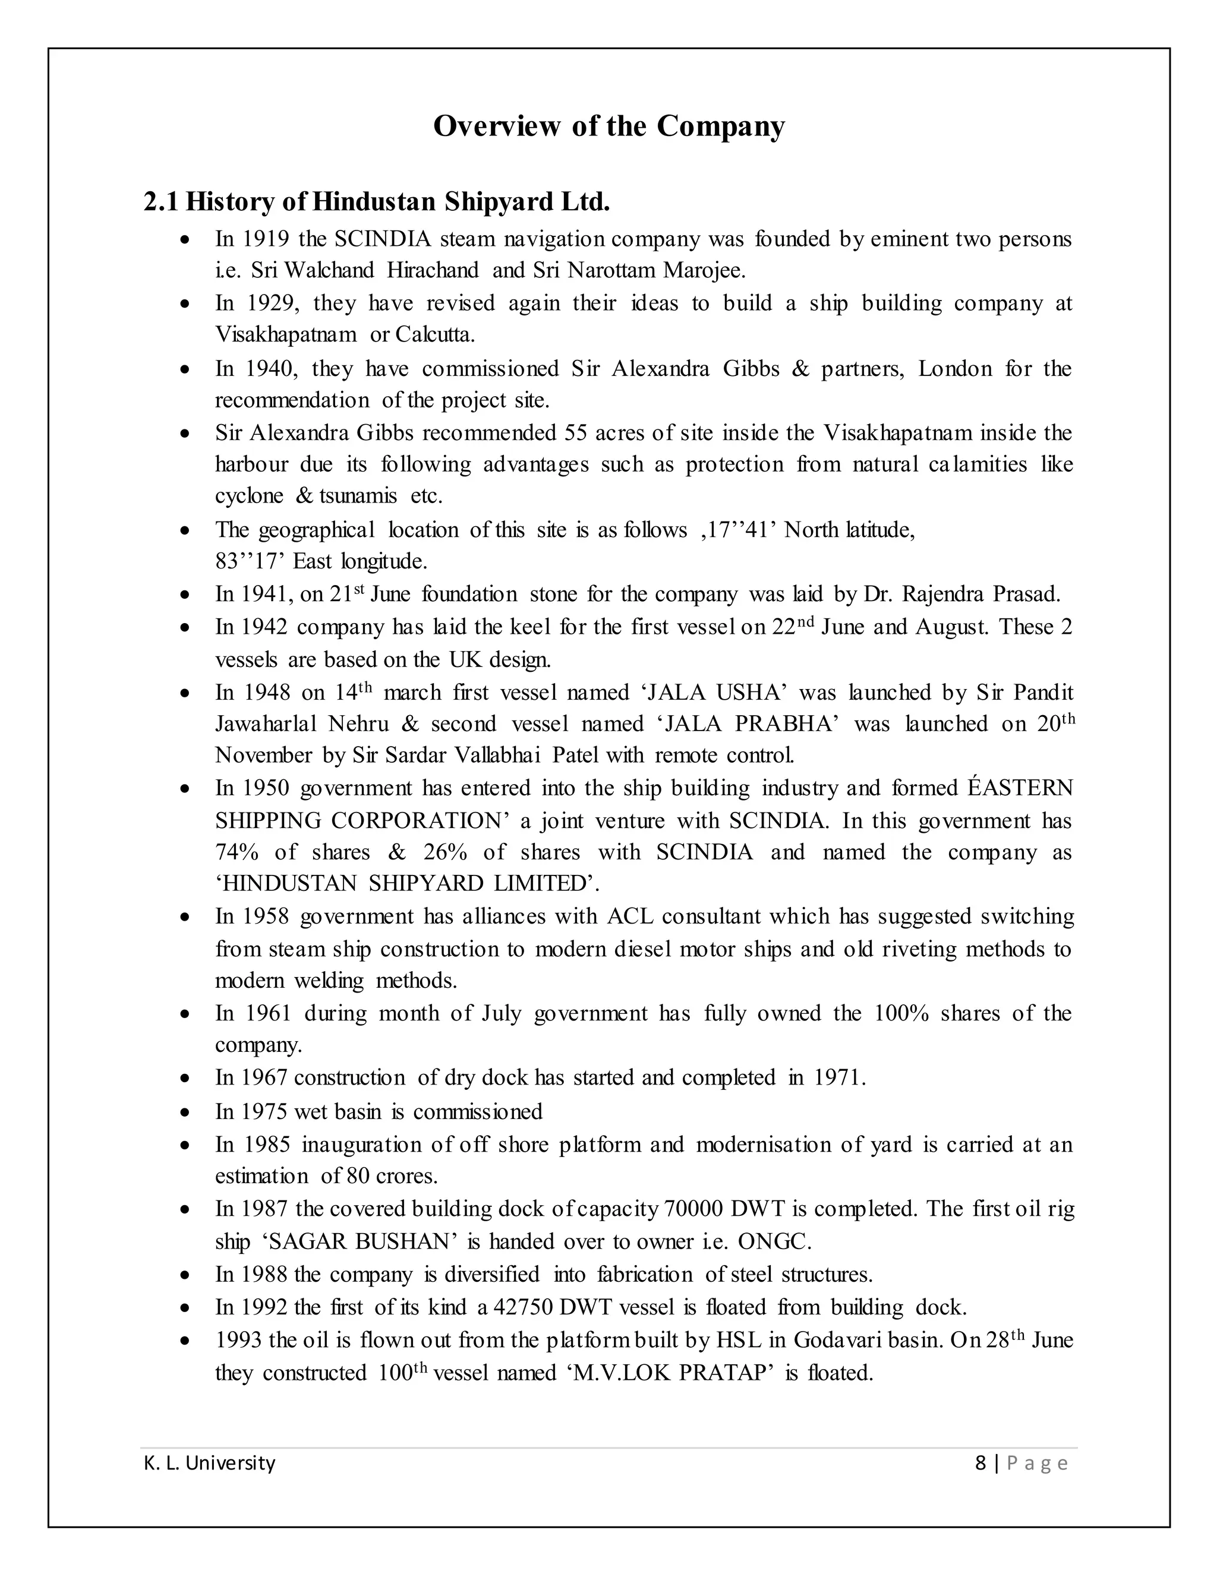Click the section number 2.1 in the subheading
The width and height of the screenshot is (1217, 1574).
[x=160, y=202]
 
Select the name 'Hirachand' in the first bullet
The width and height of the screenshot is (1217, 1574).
[x=433, y=270]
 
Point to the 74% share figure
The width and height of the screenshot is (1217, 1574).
[x=237, y=852]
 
